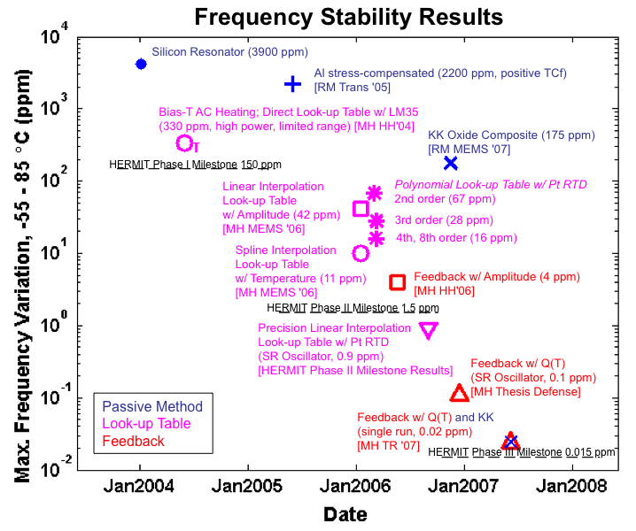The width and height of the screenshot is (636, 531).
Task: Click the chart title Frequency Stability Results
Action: point(348,17)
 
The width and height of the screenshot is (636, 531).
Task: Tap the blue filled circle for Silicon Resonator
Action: point(141,64)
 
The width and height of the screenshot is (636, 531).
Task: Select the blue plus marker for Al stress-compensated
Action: point(293,83)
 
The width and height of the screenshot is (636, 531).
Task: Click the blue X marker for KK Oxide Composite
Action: point(451,163)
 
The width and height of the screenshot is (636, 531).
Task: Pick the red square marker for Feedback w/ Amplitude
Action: point(398,281)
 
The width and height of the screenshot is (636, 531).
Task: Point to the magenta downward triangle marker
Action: point(429,330)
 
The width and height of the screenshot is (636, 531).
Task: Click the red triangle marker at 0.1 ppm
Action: point(459,393)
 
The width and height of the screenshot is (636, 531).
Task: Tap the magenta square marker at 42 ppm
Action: point(361,209)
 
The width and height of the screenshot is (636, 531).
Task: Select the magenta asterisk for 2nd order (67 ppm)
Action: point(375,193)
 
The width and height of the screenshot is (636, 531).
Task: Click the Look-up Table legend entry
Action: point(147,424)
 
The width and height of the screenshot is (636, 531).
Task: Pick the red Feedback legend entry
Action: point(133,441)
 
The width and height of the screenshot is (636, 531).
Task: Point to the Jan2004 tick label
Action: point(139,486)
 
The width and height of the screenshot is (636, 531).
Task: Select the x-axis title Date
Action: point(345,514)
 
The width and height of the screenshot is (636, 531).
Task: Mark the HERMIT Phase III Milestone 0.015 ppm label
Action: point(522,452)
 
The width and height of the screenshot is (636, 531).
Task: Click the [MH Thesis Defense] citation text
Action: point(525,392)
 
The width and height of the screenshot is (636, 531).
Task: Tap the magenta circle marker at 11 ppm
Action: point(361,253)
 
